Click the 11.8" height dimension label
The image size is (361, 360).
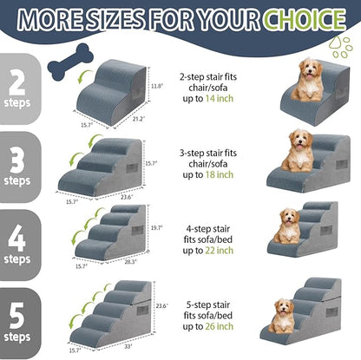coord(156,87)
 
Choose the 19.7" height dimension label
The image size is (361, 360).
coord(157,228)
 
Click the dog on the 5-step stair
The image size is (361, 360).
coord(282,316)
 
